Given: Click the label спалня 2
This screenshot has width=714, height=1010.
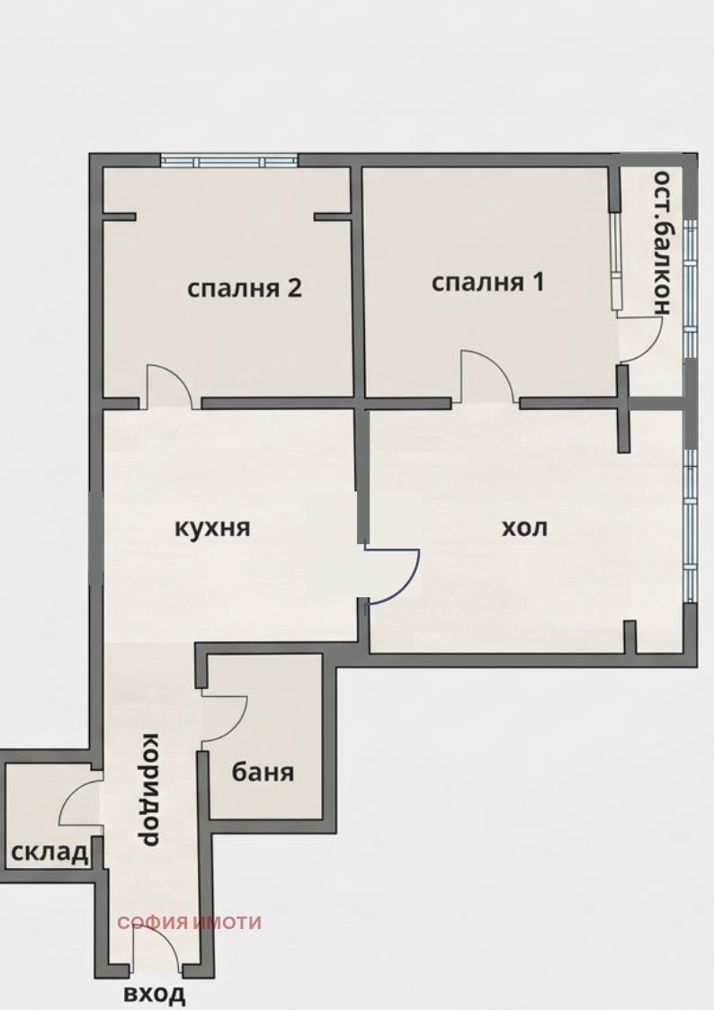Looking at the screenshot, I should point(244,289).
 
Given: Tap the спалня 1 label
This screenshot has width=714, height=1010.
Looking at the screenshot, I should point(488,282).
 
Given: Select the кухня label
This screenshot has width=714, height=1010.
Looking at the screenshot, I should point(212,527).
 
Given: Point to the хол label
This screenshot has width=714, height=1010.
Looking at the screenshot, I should point(523,527).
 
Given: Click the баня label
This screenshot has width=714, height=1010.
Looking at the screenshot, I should point(263,772).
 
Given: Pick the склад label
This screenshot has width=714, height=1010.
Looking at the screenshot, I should point(50,852).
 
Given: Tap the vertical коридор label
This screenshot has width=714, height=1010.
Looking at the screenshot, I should point(151,790).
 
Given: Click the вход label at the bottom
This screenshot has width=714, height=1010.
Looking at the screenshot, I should point(155,993).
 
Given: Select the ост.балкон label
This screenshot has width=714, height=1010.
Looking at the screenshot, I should point(663,241).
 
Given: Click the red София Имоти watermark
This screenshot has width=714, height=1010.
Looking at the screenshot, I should point(189,922).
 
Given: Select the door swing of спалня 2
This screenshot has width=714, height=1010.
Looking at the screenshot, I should point(169,385).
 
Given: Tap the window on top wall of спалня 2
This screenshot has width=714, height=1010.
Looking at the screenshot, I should point(228,161).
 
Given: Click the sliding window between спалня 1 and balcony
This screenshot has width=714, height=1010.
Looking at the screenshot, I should point(615,262).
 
